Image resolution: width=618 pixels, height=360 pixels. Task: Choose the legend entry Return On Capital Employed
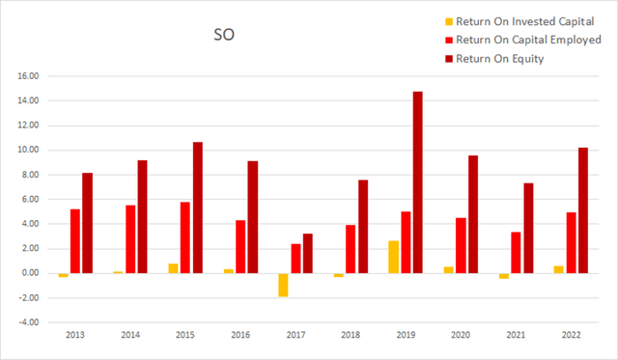click(499, 39)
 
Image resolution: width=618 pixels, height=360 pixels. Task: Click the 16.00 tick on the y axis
click(27, 76)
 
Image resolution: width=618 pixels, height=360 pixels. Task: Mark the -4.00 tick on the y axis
click(27, 322)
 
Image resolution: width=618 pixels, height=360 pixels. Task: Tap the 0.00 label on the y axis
click(29, 273)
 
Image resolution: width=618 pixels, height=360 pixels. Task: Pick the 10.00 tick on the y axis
click(27, 150)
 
